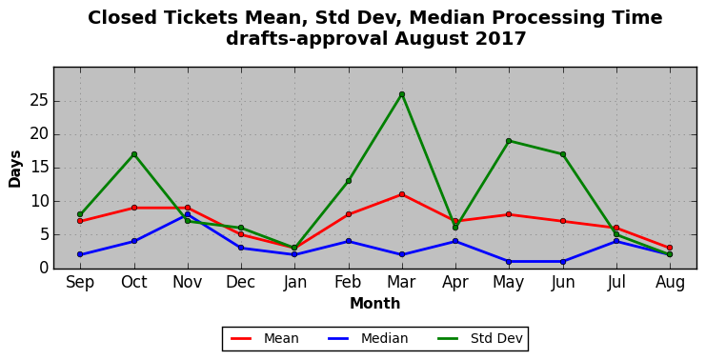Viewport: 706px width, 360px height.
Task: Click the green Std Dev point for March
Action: click(402, 94)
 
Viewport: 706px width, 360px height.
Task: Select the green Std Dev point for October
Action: click(134, 154)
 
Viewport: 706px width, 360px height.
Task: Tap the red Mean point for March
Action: click(402, 194)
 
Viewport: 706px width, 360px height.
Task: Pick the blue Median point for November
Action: click(188, 214)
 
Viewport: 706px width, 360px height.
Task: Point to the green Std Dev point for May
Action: click(509, 141)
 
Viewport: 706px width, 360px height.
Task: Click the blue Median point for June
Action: click(563, 262)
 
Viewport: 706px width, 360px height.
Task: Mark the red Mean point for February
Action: click(349, 214)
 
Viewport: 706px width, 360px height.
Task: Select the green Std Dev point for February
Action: click(349, 181)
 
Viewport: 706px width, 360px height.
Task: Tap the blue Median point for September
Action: click(80, 254)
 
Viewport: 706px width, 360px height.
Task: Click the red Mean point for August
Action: click(670, 248)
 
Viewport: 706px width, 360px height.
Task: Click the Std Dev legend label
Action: click(496, 338)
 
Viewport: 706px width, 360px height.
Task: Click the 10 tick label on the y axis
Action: click(39, 201)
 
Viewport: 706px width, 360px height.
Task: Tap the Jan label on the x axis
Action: click(295, 283)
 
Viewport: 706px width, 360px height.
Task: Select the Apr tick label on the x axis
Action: click(455, 283)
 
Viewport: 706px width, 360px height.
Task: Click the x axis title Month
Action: click(375, 303)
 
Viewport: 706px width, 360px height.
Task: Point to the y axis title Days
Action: click(15, 169)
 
